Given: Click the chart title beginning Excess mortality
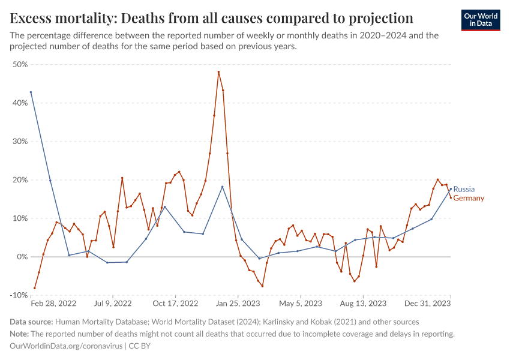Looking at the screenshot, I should coord(212,17).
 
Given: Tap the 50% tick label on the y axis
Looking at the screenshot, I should coord(20,65).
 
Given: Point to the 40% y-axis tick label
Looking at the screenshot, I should coord(20,103).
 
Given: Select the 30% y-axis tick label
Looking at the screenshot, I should coord(20,142).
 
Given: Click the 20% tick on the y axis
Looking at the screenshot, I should coord(20,180).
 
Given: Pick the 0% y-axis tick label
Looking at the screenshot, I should coord(22,257).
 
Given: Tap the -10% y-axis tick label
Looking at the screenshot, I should coord(19,295).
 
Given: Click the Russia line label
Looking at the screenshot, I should coord(464,189).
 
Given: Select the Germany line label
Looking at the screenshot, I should coord(469,198).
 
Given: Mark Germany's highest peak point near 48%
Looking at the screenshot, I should coord(218,72).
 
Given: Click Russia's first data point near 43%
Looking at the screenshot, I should coord(31,92).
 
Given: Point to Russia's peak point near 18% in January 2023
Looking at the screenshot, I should coord(222,187).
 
